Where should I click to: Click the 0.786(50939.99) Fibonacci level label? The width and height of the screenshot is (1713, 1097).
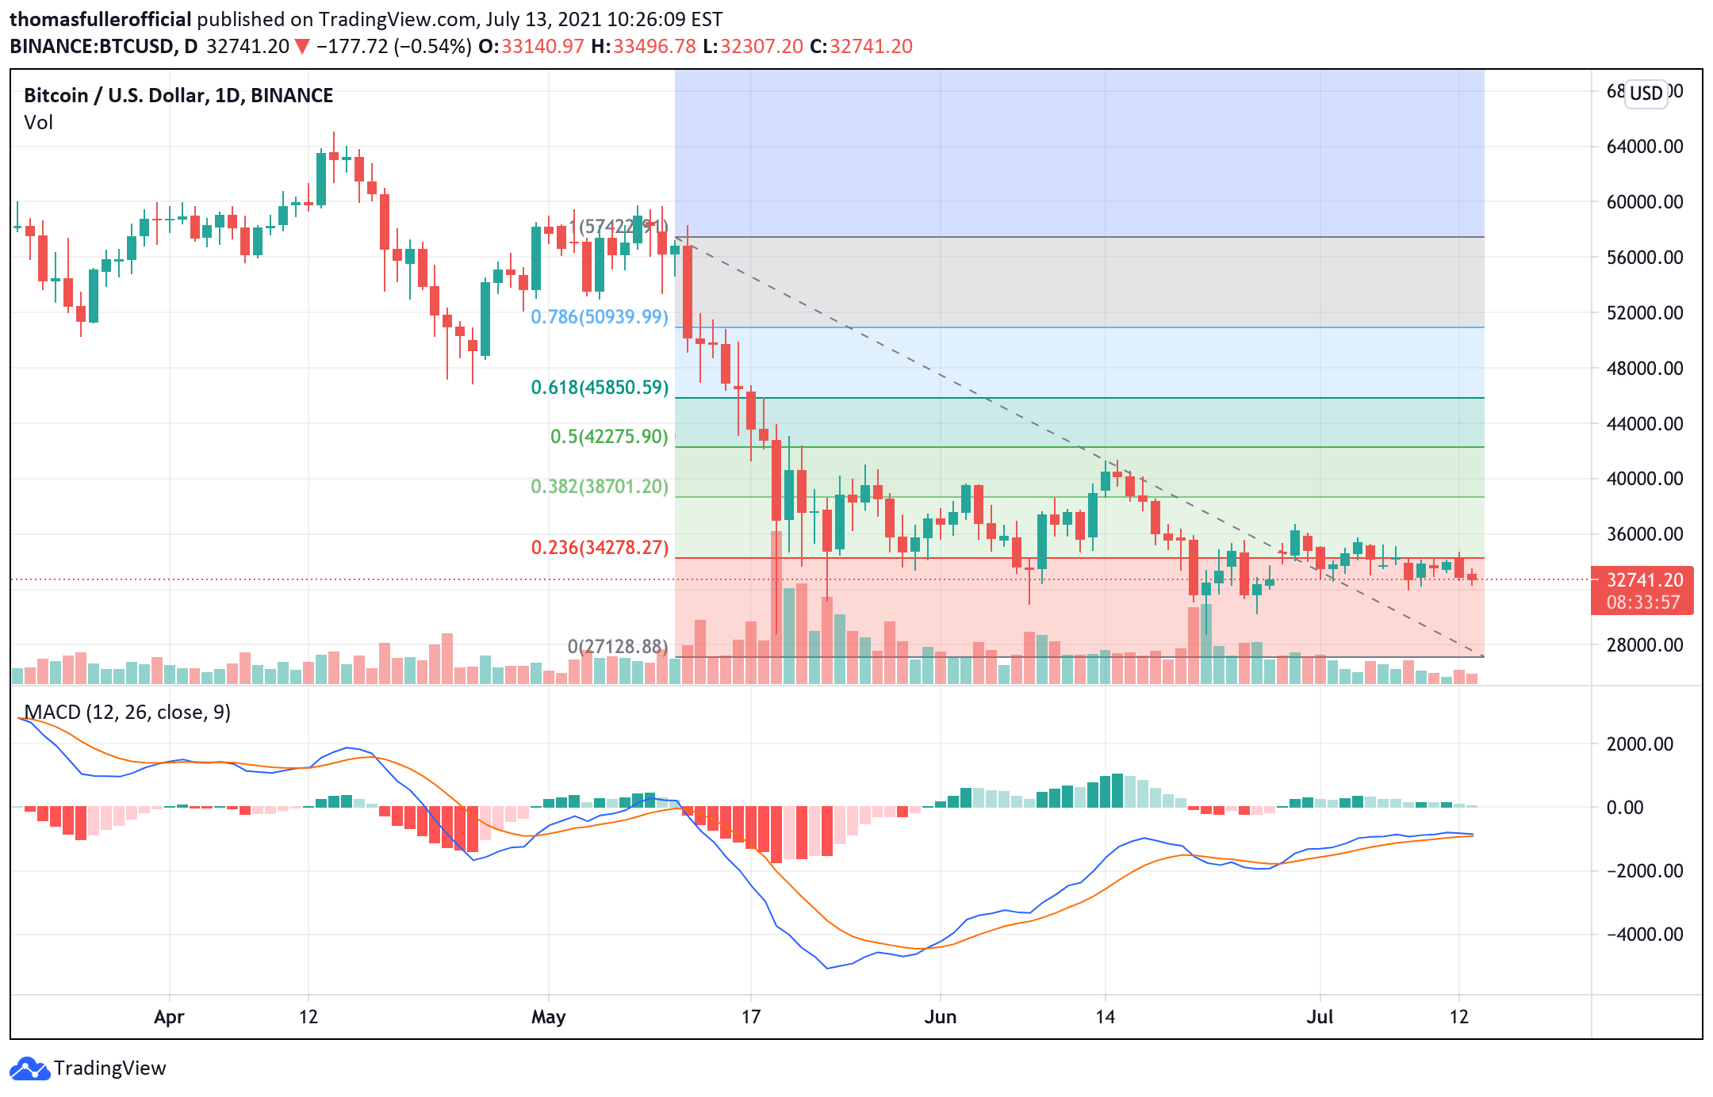(599, 317)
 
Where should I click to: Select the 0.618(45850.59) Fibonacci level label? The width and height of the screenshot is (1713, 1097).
(599, 388)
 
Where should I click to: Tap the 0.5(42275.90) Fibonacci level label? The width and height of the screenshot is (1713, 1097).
(608, 437)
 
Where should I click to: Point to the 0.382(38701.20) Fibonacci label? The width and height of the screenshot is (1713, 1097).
(599, 486)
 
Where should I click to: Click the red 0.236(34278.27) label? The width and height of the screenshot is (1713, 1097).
(599, 548)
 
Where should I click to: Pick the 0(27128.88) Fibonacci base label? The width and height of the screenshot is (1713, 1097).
(617, 647)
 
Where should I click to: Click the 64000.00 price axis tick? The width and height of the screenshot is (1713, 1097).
(1644, 147)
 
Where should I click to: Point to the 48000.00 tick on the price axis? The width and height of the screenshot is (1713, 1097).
(1644, 368)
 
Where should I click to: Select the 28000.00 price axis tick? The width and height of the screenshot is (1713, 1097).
(1644, 645)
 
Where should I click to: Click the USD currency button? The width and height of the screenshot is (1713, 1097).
(1646, 94)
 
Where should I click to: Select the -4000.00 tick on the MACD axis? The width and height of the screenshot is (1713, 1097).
(1644, 935)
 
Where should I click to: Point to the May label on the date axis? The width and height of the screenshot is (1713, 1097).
(548, 1017)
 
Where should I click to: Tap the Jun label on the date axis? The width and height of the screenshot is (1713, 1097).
(940, 1017)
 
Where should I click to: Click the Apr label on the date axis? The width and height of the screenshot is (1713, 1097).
(169, 1017)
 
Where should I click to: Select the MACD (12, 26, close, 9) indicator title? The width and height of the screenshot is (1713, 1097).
(127, 713)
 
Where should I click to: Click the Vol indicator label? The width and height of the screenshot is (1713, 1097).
(38, 123)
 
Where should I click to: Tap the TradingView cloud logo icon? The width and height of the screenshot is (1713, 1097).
(30, 1069)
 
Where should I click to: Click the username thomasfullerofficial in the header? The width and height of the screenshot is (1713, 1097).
(100, 20)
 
